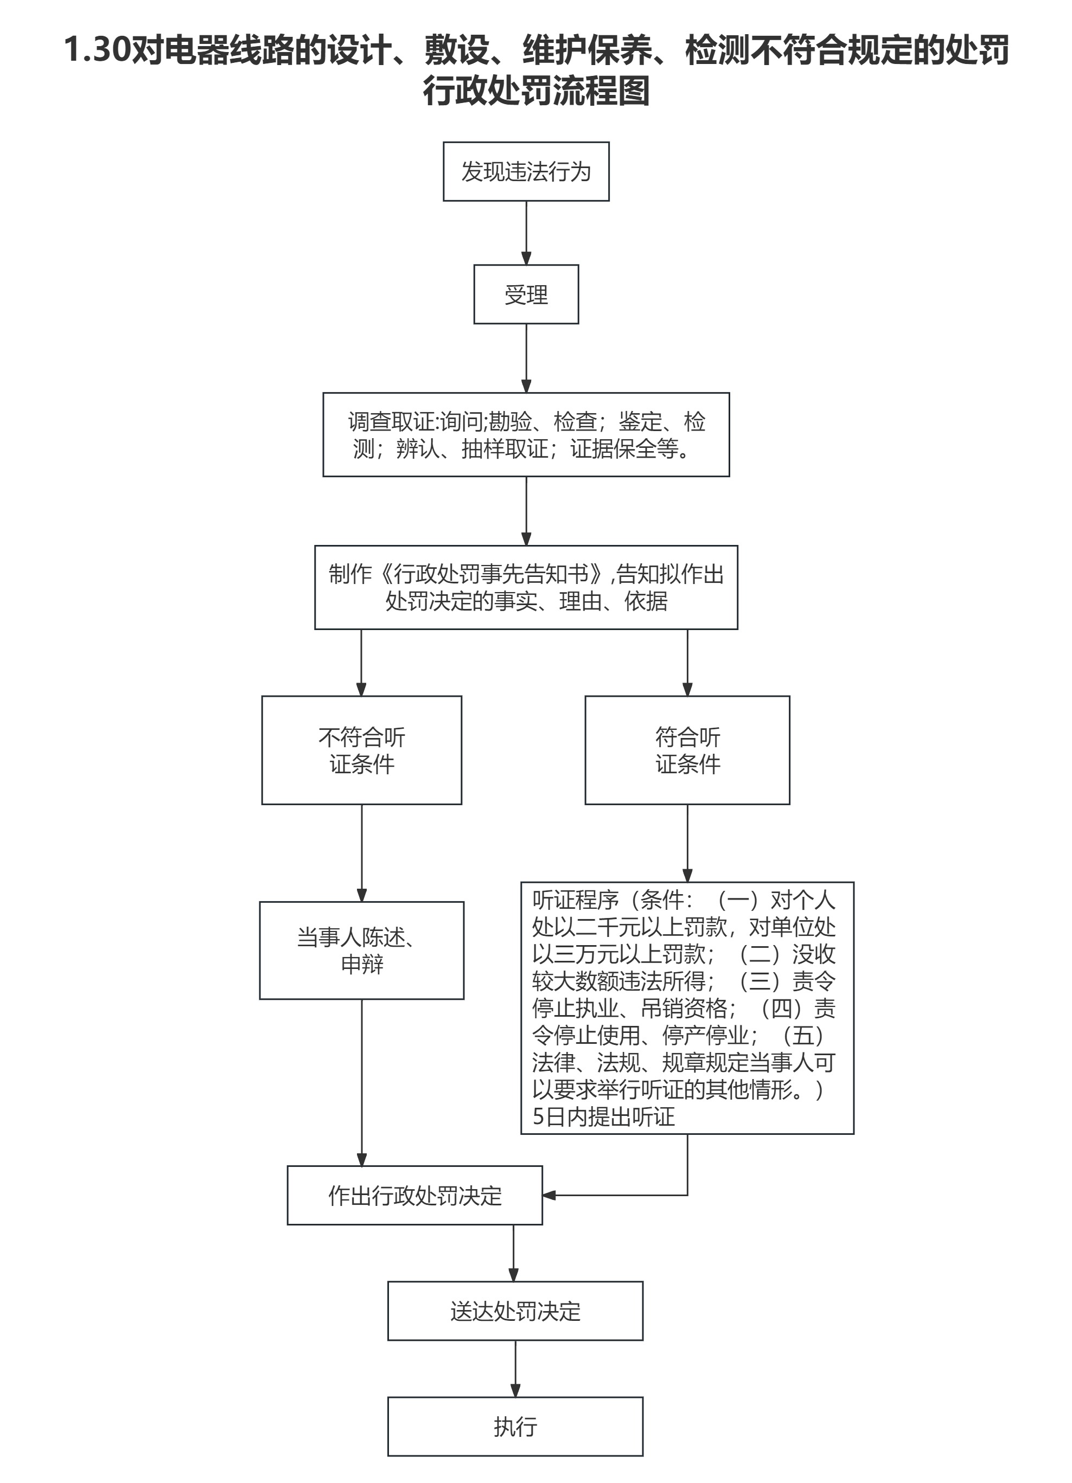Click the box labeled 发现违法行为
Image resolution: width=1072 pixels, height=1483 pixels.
[x=526, y=171]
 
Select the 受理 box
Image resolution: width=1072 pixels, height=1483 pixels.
[x=526, y=294]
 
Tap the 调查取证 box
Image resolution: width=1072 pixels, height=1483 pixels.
[x=526, y=434]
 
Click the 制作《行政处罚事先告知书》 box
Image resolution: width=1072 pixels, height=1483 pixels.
[x=526, y=587]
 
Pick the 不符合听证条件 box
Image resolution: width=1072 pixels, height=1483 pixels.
[x=362, y=750]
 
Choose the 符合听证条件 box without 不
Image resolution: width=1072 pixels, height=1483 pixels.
[x=687, y=750]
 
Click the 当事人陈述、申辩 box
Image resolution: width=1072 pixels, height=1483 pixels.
[x=362, y=950]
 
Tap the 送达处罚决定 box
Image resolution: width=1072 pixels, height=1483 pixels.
[x=515, y=1311]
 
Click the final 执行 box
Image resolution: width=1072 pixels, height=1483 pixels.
[x=515, y=1427]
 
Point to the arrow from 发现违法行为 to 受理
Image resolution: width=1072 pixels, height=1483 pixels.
[x=526, y=232]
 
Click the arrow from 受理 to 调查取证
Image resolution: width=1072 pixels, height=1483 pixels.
[x=526, y=358]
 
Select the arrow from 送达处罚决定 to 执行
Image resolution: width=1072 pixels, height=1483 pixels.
[x=515, y=1369]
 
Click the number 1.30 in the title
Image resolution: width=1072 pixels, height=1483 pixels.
[x=97, y=50]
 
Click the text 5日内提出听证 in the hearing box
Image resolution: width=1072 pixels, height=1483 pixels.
[x=603, y=1116]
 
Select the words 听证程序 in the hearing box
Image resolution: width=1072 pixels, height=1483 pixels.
[x=575, y=901]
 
